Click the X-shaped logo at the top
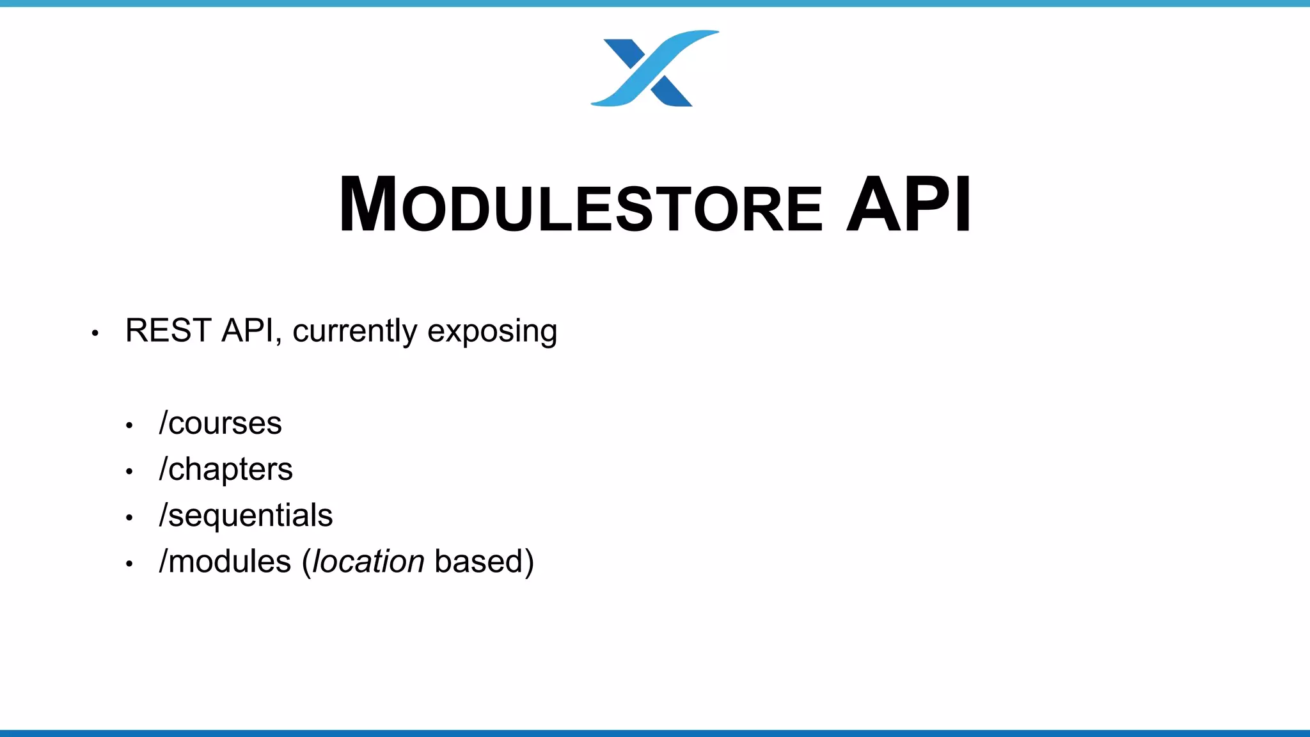654,69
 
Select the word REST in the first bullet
168,331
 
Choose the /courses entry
220,424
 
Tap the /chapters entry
226,470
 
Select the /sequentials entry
246,516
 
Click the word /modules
225,562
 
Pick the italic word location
368,562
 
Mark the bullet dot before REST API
95,333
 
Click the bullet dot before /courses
129,425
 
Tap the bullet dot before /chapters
129,472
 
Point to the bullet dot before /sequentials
129,518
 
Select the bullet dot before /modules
129,564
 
